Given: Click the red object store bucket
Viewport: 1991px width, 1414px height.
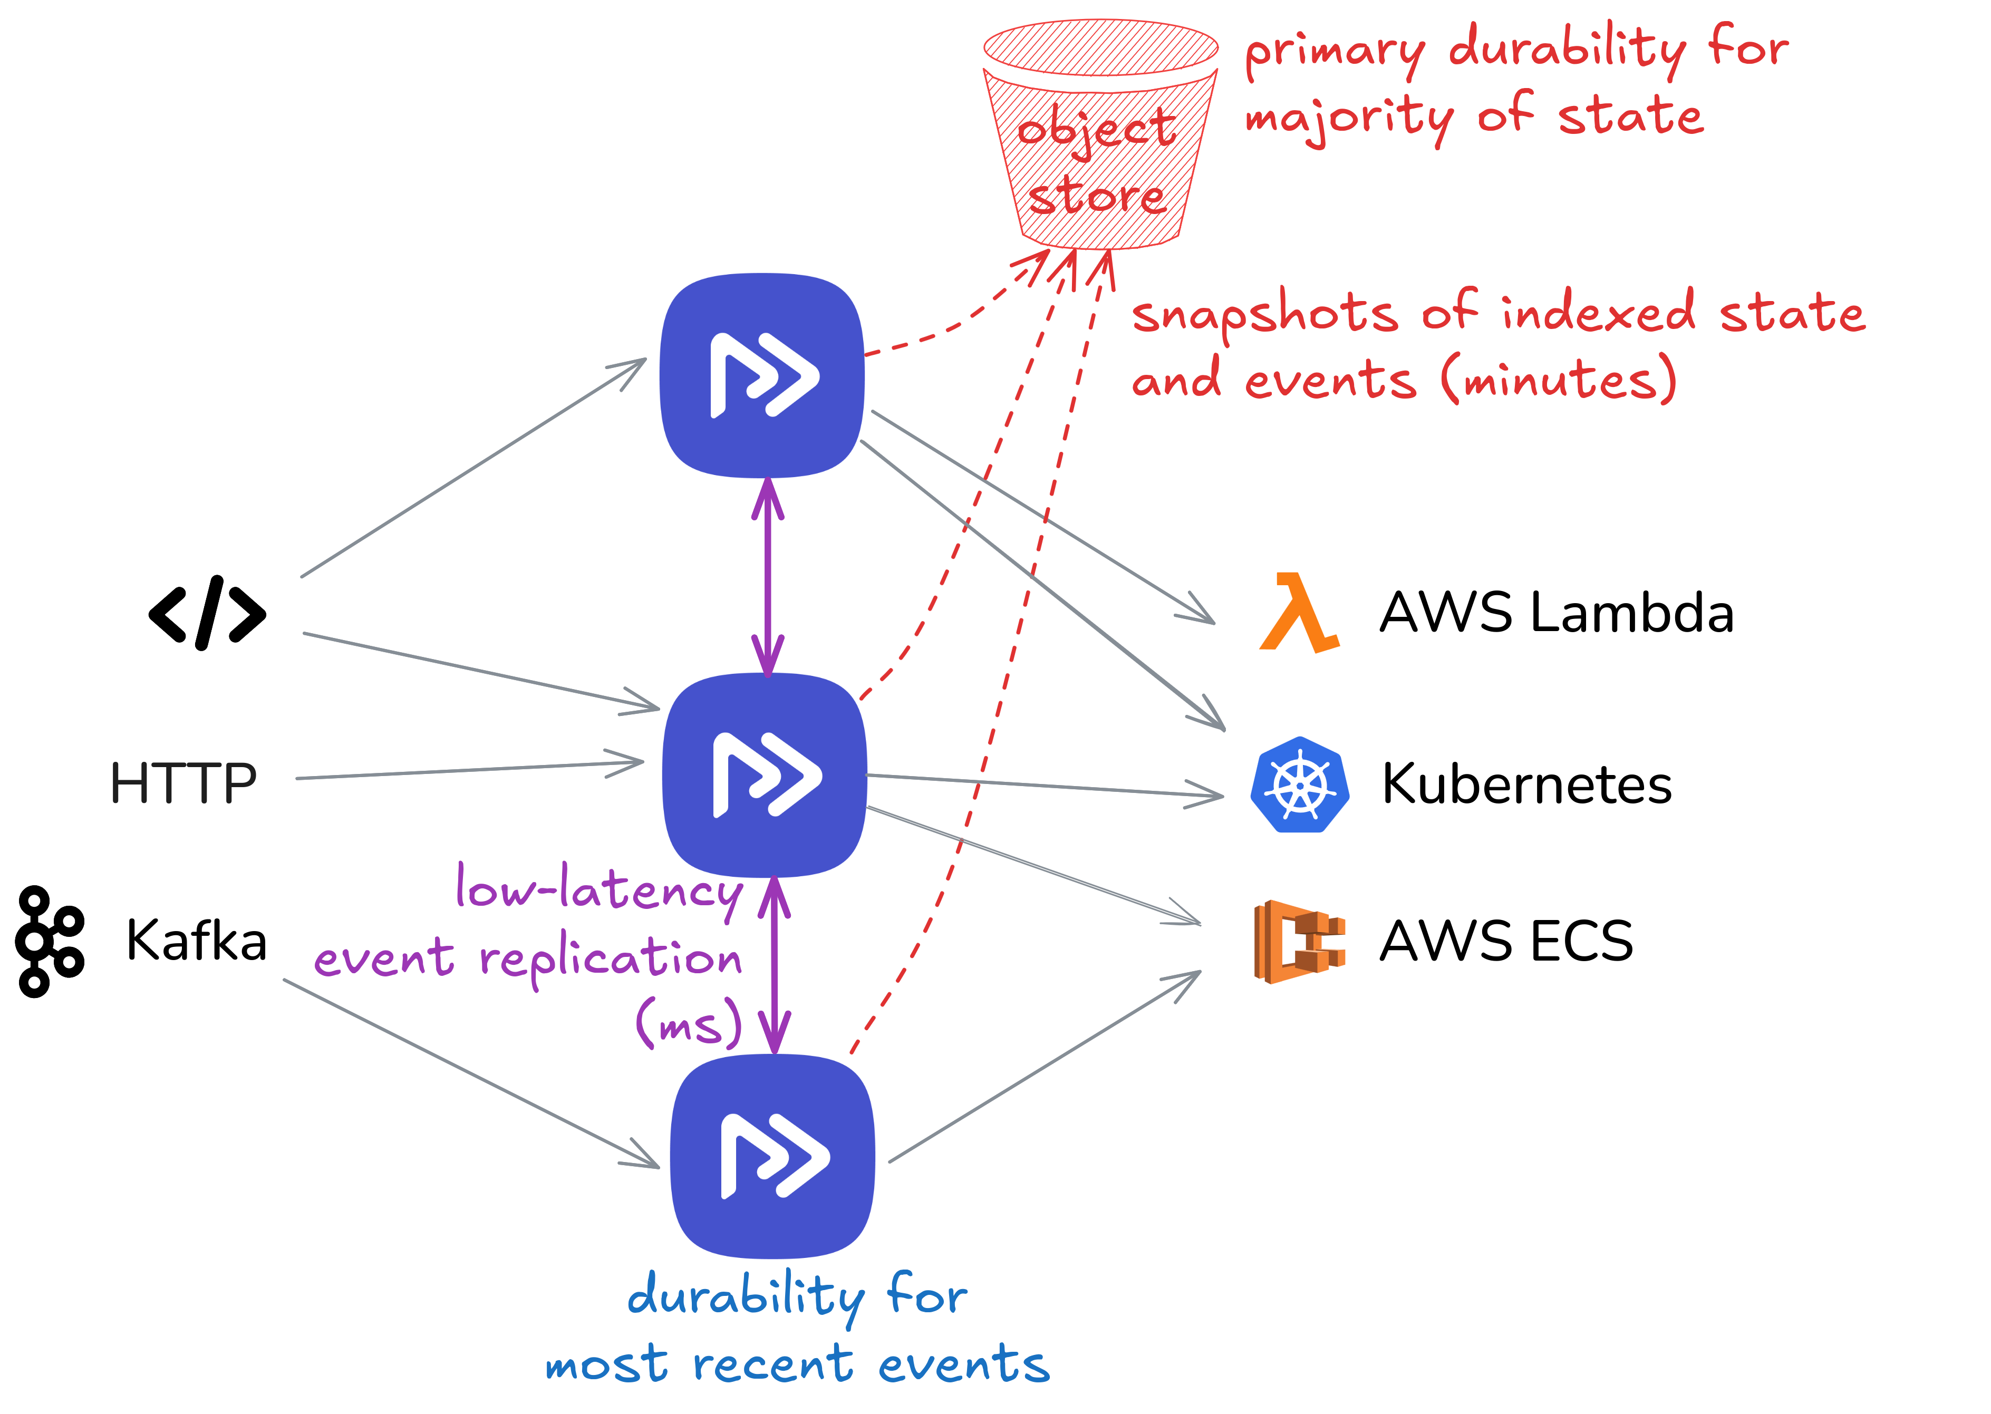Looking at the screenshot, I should [1100, 139].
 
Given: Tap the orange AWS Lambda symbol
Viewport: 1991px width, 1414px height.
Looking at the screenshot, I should [1299, 613].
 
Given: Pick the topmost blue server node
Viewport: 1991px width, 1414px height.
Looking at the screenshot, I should [762, 375].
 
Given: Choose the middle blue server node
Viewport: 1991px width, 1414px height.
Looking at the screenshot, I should [765, 775].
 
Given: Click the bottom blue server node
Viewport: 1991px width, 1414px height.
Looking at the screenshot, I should [772, 1156].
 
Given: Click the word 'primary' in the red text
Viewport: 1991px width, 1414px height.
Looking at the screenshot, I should [1335, 52].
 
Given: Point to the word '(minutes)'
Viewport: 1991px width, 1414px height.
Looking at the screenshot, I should [1558, 381].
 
